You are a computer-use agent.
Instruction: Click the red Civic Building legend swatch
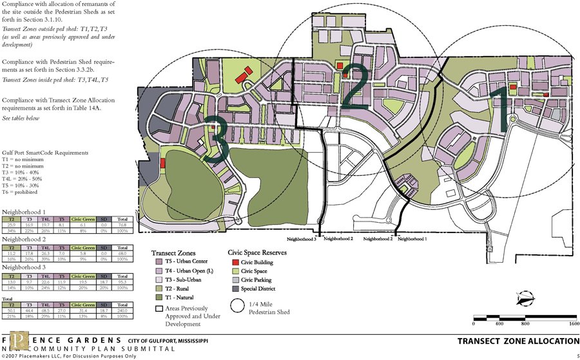click(233, 263)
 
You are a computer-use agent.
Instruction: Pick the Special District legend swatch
click(233, 289)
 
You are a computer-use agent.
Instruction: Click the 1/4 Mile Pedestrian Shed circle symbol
click(238, 308)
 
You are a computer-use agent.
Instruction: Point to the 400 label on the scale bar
click(499, 323)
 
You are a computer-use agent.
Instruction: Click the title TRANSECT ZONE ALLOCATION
click(518, 341)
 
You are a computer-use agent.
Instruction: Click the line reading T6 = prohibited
click(19, 192)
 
